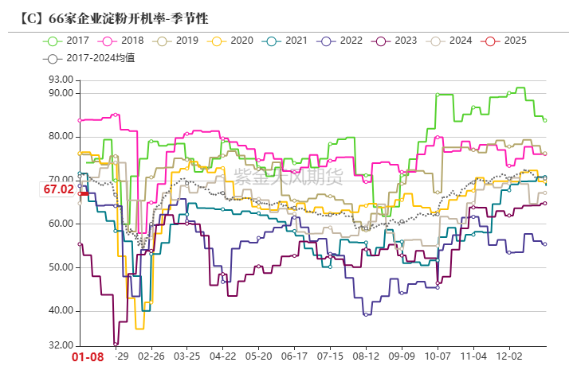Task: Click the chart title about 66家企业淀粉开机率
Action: click(108, 16)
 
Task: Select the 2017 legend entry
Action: click(69, 41)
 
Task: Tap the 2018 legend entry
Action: click(124, 41)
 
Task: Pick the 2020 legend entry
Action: click(233, 41)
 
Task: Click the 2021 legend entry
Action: click(288, 41)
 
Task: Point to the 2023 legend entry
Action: click(397, 41)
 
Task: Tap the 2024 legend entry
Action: click(452, 41)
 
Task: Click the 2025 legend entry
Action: click(506, 41)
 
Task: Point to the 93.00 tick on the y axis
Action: click(61, 80)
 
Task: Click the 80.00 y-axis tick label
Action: click(61, 136)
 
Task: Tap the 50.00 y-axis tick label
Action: click(61, 267)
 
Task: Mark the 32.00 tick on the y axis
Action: click(61, 346)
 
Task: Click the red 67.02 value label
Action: click(58, 189)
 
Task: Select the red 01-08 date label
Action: click(88, 357)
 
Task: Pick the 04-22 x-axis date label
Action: click(222, 358)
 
